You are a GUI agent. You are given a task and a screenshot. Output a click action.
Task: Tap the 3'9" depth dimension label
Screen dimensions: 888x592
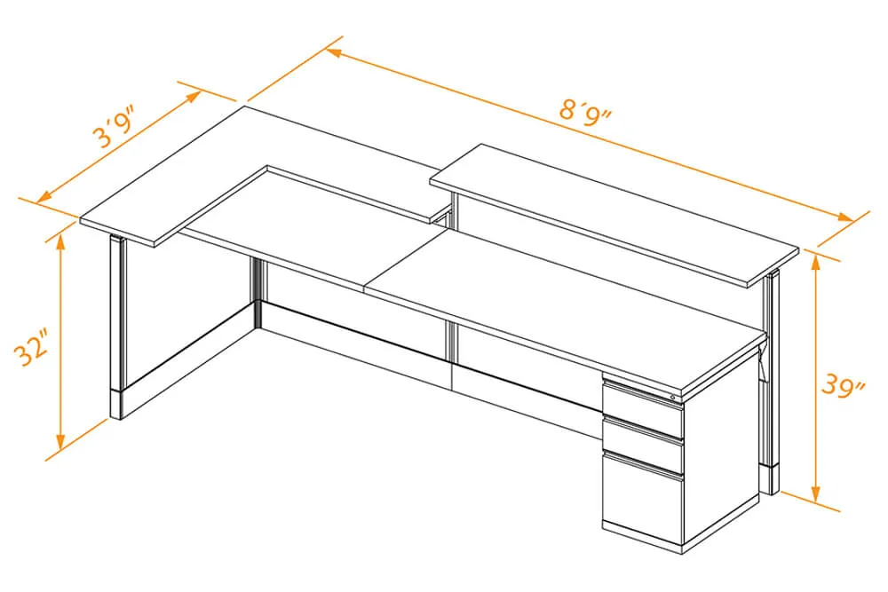click(115, 129)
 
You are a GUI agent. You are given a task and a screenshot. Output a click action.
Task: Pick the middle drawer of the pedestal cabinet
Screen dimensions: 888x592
click(642, 445)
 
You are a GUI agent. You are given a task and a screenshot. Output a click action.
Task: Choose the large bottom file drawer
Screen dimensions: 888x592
click(642, 498)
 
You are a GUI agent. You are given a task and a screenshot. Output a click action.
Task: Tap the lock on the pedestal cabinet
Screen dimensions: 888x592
click(672, 398)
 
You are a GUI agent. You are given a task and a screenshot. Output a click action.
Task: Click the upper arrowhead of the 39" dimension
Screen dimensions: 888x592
click(815, 263)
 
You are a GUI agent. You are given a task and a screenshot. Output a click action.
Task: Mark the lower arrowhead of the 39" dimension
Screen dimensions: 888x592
click(815, 494)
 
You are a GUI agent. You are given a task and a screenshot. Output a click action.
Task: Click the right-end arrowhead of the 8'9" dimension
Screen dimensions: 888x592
click(846, 218)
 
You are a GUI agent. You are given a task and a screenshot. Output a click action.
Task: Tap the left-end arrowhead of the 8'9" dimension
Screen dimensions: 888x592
click(334, 52)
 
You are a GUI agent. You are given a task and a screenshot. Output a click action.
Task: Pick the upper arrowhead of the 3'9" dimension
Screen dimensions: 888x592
click(194, 96)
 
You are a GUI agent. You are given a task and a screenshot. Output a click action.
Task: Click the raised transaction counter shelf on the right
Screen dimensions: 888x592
click(614, 213)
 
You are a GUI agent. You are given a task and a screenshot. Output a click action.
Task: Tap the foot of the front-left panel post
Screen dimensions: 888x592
click(115, 404)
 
